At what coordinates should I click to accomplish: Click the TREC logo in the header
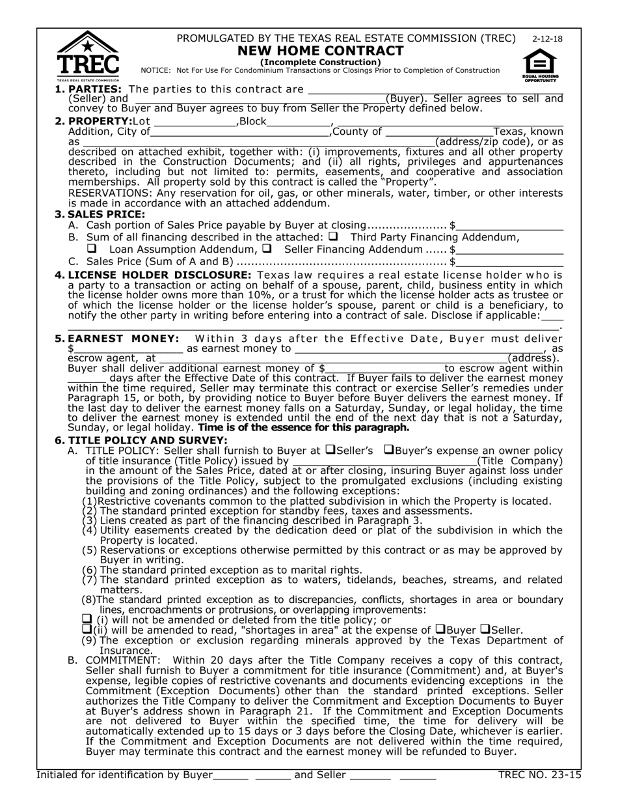click(88, 56)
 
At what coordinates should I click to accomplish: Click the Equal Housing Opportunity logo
click(539, 66)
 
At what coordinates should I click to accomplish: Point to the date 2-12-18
click(547, 39)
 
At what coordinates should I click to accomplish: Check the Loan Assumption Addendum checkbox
click(92, 249)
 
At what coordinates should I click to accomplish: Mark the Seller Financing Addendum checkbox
click(267, 249)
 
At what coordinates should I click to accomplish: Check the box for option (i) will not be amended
click(87, 619)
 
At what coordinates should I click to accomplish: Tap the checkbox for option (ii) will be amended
click(87, 629)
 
